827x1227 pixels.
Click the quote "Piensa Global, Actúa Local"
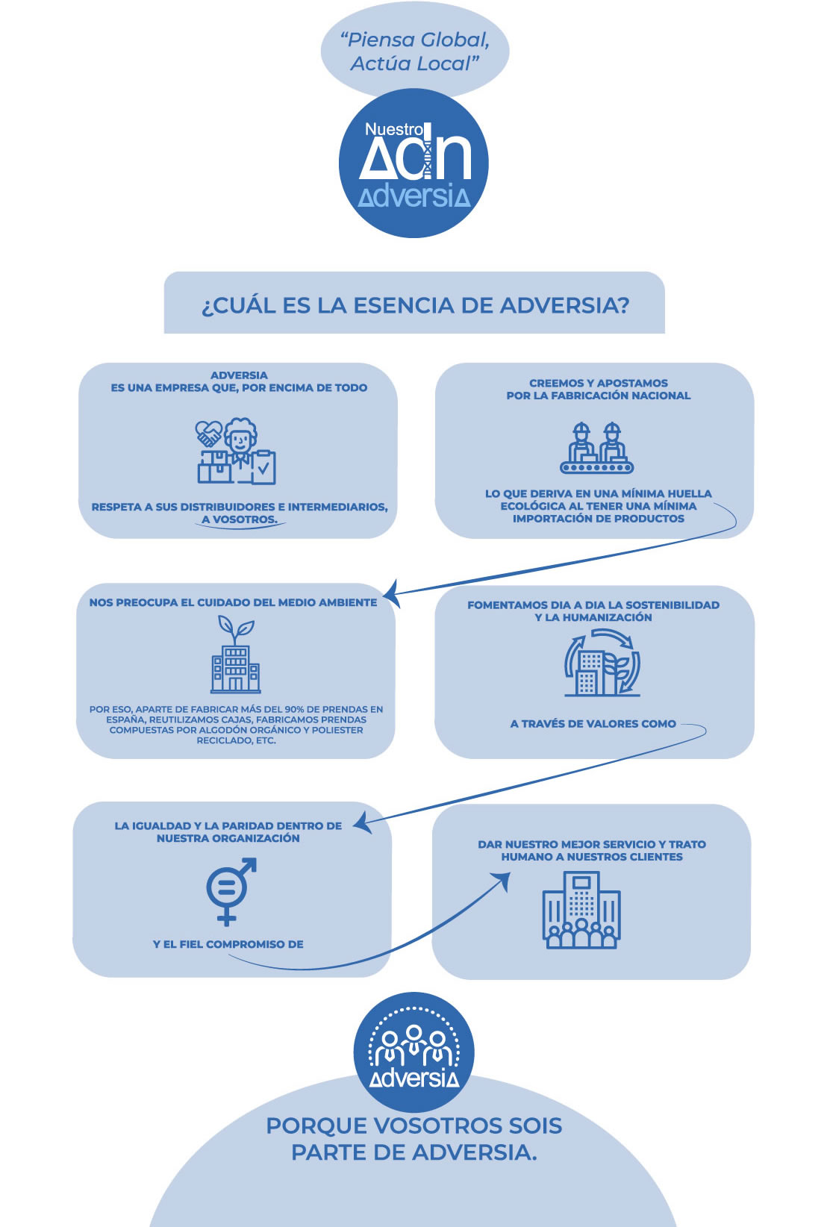[414, 51]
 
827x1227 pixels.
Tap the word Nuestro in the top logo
[394, 129]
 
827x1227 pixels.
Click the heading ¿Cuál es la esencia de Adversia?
[415, 305]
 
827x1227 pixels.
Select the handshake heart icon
[209, 434]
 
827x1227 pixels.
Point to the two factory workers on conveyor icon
[597, 448]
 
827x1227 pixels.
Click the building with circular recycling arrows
[602, 663]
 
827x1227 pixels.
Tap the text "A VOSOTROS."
[240, 519]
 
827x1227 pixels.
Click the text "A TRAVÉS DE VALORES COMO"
[593, 724]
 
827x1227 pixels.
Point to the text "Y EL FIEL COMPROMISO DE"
[228, 944]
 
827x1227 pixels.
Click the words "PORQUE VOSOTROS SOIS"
[414, 1125]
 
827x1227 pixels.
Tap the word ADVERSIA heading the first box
[239, 375]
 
